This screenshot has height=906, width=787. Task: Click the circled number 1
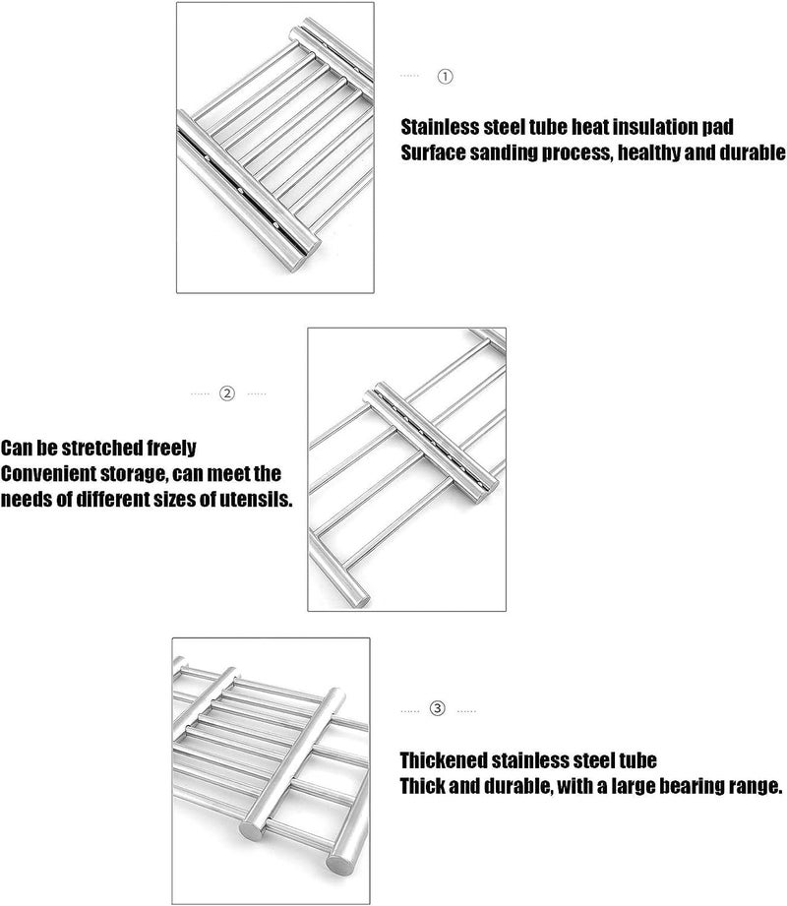(445, 76)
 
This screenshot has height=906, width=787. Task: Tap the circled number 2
(227, 393)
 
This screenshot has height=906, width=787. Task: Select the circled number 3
(439, 708)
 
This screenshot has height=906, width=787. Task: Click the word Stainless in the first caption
(441, 128)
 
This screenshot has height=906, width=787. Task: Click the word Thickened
(444, 762)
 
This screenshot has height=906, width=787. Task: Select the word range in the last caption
(754, 788)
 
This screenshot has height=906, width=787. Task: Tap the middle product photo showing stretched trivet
(407, 469)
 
